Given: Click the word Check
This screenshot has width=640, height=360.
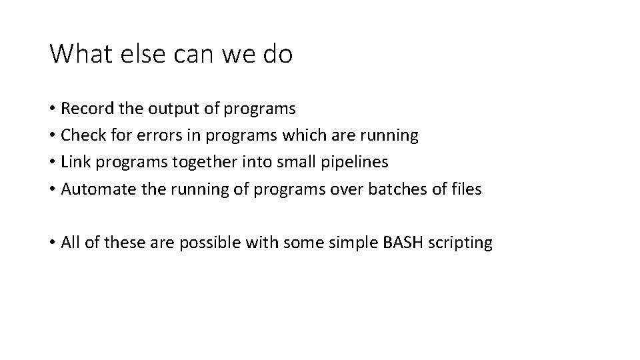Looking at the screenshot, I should click(x=82, y=135).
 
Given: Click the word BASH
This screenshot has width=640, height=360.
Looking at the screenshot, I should click(x=402, y=243).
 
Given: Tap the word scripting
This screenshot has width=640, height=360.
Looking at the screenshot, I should click(x=459, y=243).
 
